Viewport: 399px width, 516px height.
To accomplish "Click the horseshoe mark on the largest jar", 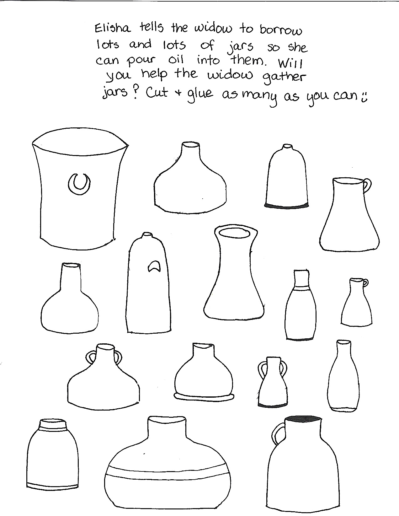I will pyautogui.click(x=79, y=183).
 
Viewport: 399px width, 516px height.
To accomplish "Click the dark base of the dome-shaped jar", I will pyautogui.click(x=287, y=205).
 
